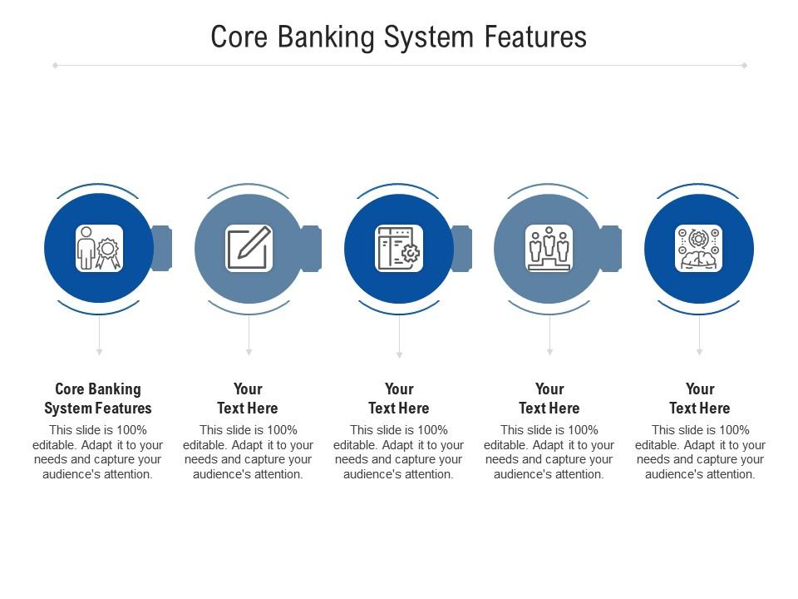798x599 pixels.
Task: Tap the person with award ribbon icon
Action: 99,248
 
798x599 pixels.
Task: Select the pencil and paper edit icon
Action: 249,248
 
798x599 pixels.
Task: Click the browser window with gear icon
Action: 399,248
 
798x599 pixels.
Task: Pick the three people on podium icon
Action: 549,248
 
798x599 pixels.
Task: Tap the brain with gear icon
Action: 699,248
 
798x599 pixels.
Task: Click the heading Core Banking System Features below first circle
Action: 98,399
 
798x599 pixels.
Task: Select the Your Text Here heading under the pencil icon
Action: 248,399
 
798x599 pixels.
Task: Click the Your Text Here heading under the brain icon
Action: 700,399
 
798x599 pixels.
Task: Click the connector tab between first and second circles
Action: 162,248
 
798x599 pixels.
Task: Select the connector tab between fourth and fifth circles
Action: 612,248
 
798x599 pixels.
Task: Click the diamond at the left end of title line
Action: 55,65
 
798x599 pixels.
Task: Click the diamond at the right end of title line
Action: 744,65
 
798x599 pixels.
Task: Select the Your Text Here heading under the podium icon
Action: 549,399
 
